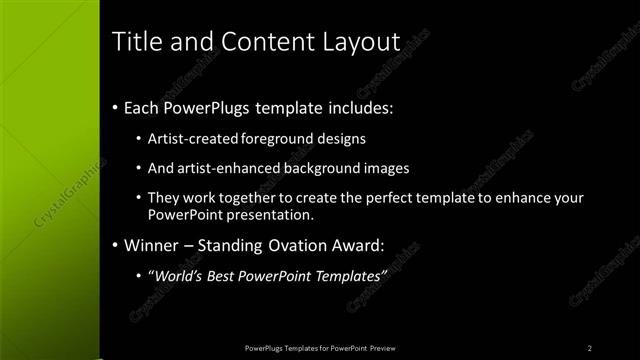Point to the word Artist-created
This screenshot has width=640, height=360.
pyautogui.click(x=191, y=138)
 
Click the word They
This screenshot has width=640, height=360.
pyautogui.click(x=163, y=198)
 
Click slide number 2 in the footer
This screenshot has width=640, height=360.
pyautogui.click(x=590, y=348)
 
